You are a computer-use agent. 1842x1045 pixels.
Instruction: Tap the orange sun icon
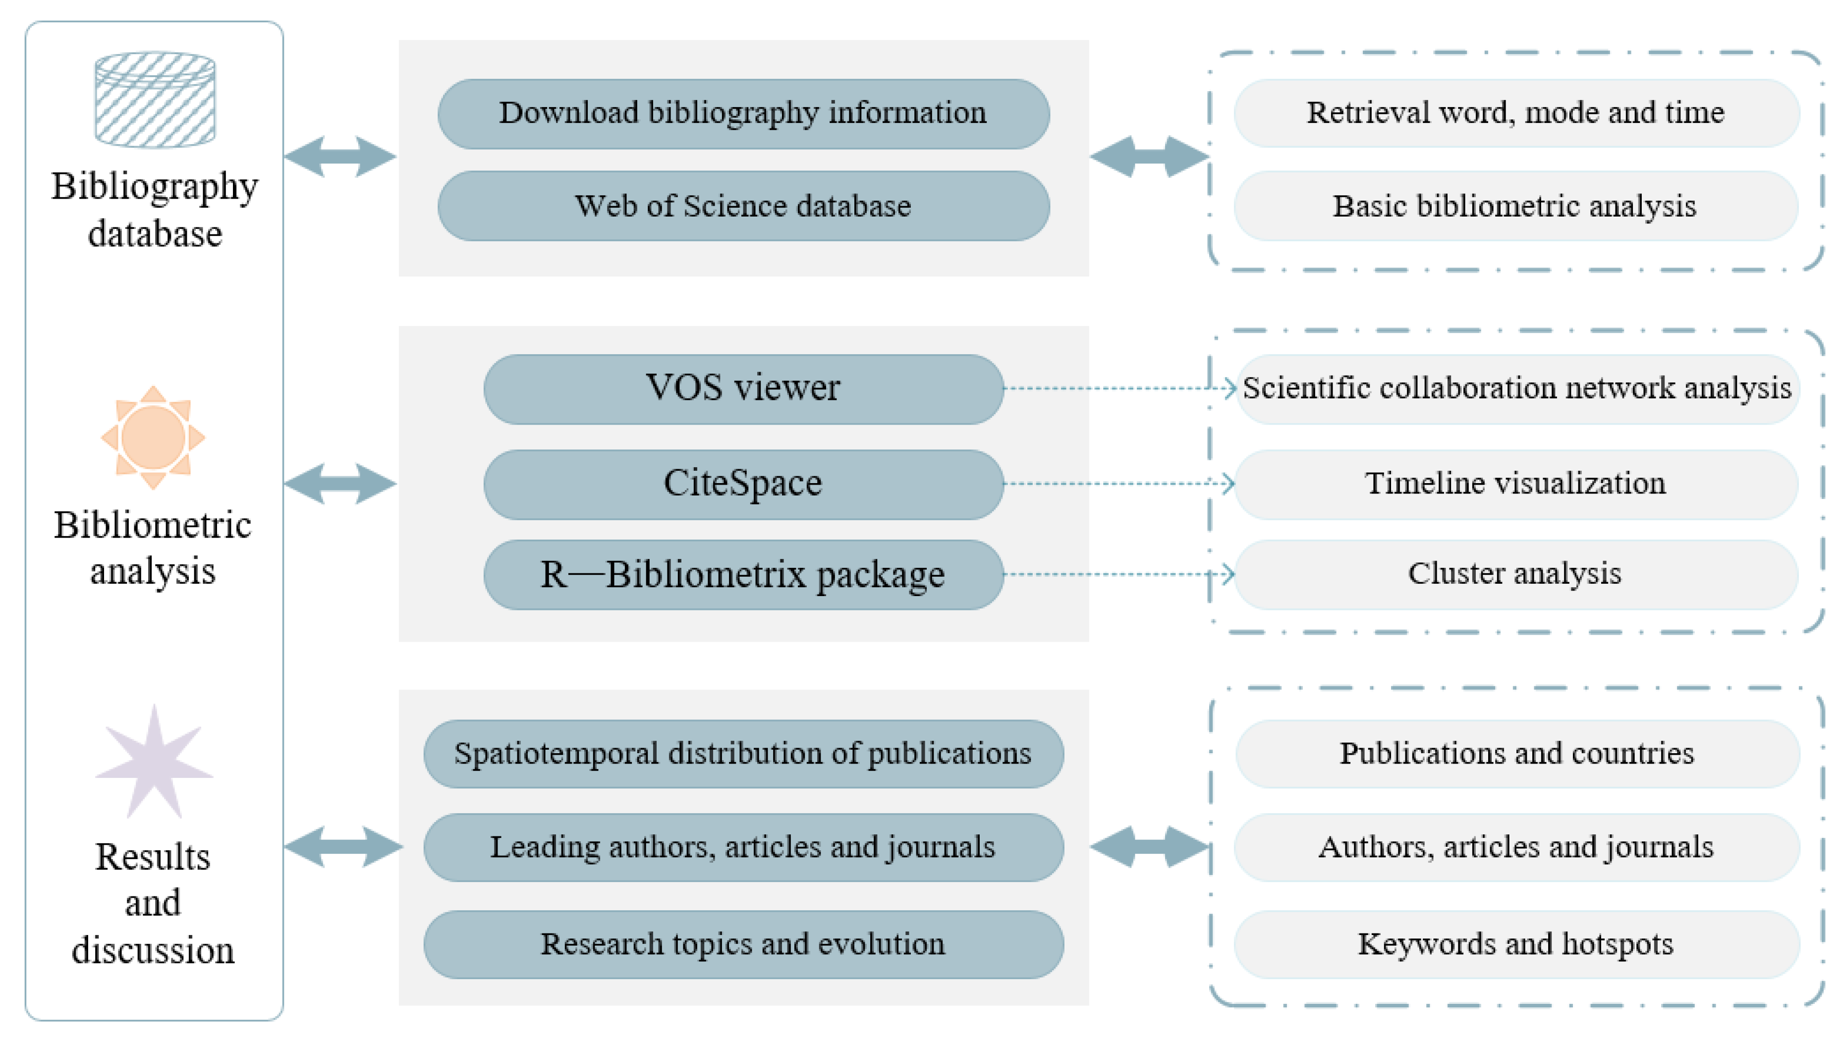(x=153, y=437)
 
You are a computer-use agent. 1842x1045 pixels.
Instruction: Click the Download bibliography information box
(x=743, y=113)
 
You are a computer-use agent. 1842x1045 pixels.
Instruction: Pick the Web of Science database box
(x=743, y=206)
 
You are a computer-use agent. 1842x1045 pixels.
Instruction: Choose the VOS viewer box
(x=743, y=388)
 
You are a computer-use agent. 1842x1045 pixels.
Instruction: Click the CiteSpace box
(x=743, y=484)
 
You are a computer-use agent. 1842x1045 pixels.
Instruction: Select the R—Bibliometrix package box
(x=743, y=574)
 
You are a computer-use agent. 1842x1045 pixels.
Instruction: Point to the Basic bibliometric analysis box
(x=1515, y=206)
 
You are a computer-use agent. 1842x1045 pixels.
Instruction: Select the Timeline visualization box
(x=1515, y=484)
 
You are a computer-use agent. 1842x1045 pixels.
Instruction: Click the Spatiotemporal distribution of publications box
(x=743, y=754)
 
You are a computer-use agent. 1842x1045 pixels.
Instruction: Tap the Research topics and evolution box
(x=743, y=944)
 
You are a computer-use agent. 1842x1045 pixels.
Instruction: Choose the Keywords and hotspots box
(x=1515, y=944)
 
